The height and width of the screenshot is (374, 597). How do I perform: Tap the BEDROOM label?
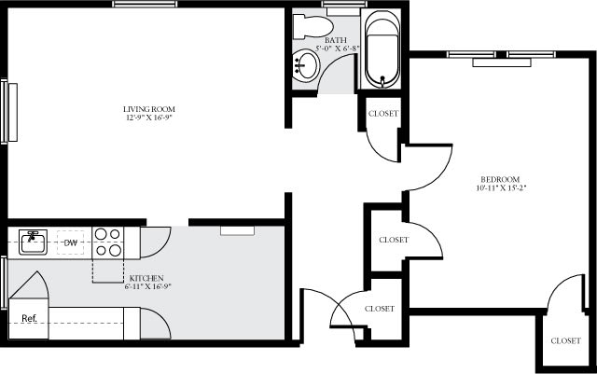[x=500, y=179]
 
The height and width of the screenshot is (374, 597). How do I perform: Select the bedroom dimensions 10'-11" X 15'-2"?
[x=500, y=188]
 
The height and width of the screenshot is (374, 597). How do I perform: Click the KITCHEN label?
[x=147, y=278]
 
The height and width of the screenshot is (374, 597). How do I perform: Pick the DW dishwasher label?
[x=70, y=244]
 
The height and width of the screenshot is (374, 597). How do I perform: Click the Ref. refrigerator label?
[x=29, y=319]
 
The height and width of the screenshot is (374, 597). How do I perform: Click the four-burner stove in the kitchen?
[x=109, y=242]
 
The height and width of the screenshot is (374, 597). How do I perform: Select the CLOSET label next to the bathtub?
[x=383, y=114]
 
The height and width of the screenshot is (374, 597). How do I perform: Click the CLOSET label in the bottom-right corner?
[x=565, y=340]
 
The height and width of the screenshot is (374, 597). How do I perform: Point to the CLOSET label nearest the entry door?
[x=379, y=308]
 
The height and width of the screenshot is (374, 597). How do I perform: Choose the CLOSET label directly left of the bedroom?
[x=394, y=240]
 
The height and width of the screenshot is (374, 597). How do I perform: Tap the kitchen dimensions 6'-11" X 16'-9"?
[x=147, y=287]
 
